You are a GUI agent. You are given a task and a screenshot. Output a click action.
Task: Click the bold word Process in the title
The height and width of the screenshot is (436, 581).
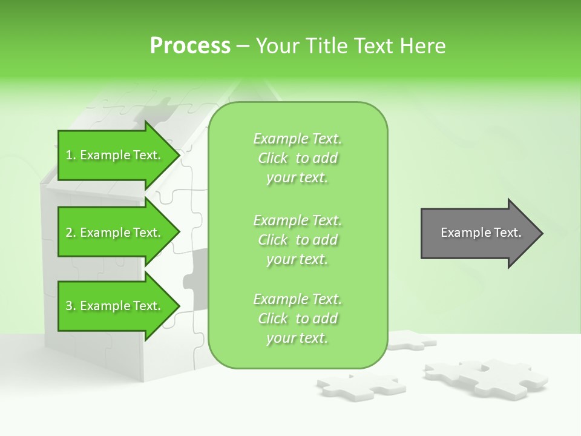pyautogui.click(x=190, y=46)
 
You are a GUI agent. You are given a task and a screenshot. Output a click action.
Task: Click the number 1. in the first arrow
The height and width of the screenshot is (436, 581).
pyautogui.click(x=71, y=155)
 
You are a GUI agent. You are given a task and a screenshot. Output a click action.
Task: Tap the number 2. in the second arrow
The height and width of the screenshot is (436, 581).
pyautogui.click(x=71, y=233)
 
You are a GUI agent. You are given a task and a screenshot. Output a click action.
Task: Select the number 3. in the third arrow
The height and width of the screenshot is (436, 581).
pyautogui.click(x=71, y=306)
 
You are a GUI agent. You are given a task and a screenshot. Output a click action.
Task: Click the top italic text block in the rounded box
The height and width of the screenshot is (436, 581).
pyautogui.click(x=297, y=158)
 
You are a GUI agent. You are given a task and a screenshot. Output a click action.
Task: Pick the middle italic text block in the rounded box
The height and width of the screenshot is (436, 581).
pyautogui.click(x=297, y=240)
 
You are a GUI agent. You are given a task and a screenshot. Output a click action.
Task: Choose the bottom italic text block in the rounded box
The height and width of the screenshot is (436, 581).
pyautogui.click(x=297, y=319)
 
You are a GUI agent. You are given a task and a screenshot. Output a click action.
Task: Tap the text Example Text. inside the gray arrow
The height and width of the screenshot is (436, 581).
pyautogui.click(x=481, y=233)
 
